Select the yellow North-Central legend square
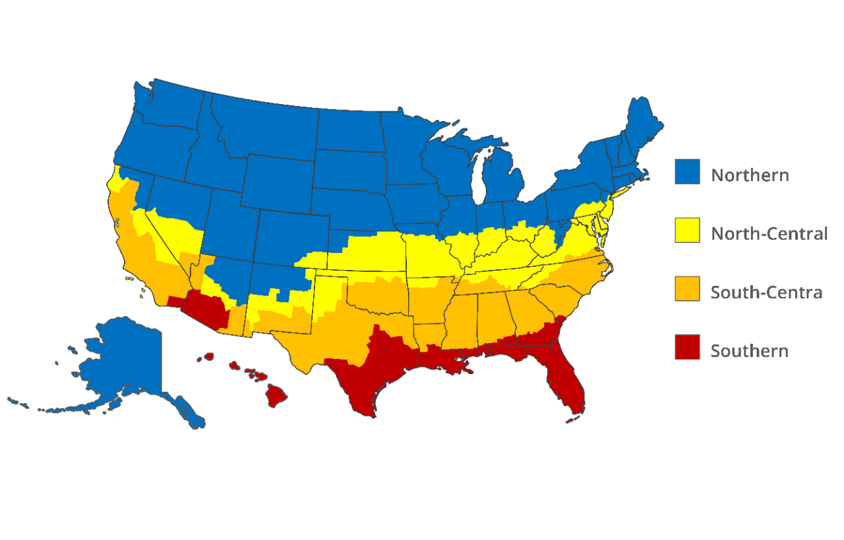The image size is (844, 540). (687, 230)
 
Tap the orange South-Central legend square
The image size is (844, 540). (687, 288)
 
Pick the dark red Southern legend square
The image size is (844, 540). (687, 347)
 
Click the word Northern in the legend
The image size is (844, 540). (750, 175)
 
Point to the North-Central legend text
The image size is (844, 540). (769, 233)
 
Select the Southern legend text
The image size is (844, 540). (749, 351)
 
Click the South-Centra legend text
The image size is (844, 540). (766, 292)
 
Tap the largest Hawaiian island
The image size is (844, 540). (276, 395)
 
